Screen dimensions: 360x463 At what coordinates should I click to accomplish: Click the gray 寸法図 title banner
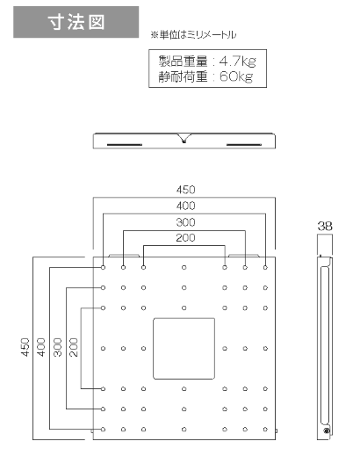[x=76, y=22]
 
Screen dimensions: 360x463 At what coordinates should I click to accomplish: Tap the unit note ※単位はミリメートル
[x=193, y=35]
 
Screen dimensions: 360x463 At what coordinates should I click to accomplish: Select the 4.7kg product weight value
[x=238, y=61]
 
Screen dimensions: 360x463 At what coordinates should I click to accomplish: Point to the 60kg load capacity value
[x=236, y=76]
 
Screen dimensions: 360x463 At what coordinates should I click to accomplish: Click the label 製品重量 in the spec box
[x=183, y=61]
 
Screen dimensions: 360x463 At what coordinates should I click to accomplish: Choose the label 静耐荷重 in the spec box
[x=183, y=76]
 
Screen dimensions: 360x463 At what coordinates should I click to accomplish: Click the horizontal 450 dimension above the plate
[x=185, y=190]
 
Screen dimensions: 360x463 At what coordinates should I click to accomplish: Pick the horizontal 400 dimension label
[x=185, y=206]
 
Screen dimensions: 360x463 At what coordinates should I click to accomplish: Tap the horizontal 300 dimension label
[x=185, y=222]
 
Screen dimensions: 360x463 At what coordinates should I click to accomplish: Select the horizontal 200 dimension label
[x=185, y=238]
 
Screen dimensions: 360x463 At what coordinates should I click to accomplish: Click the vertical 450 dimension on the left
[x=25, y=348]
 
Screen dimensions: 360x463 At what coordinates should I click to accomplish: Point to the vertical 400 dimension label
[x=41, y=348]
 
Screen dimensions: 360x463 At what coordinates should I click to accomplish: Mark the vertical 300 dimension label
[x=58, y=348]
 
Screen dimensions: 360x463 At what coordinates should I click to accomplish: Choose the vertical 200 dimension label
[x=74, y=348]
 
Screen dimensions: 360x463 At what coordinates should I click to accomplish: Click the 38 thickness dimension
[x=325, y=226]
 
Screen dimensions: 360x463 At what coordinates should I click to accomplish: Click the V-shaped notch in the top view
[x=184, y=138]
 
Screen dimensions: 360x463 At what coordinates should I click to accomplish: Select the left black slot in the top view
[x=125, y=145]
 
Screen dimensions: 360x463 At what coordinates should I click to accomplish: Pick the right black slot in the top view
[x=244, y=145]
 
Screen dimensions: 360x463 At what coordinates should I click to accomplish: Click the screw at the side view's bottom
[x=326, y=430]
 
